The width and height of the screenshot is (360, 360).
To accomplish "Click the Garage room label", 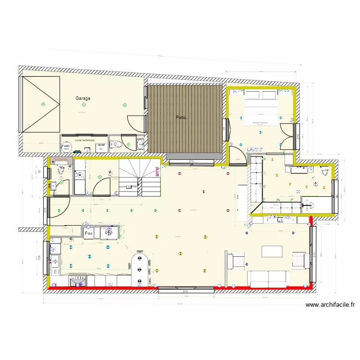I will [x=83, y=98].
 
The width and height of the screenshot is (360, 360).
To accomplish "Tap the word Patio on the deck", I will [x=180, y=117].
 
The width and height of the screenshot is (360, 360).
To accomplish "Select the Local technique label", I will [x=85, y=140].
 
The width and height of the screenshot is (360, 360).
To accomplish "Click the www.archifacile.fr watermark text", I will [x=330, y=304].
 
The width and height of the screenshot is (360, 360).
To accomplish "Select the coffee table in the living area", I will [x=272, y=252].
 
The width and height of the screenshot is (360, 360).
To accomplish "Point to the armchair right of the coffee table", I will [x=300, y=261].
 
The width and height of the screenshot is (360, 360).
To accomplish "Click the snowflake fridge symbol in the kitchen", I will [x=109, y=232].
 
